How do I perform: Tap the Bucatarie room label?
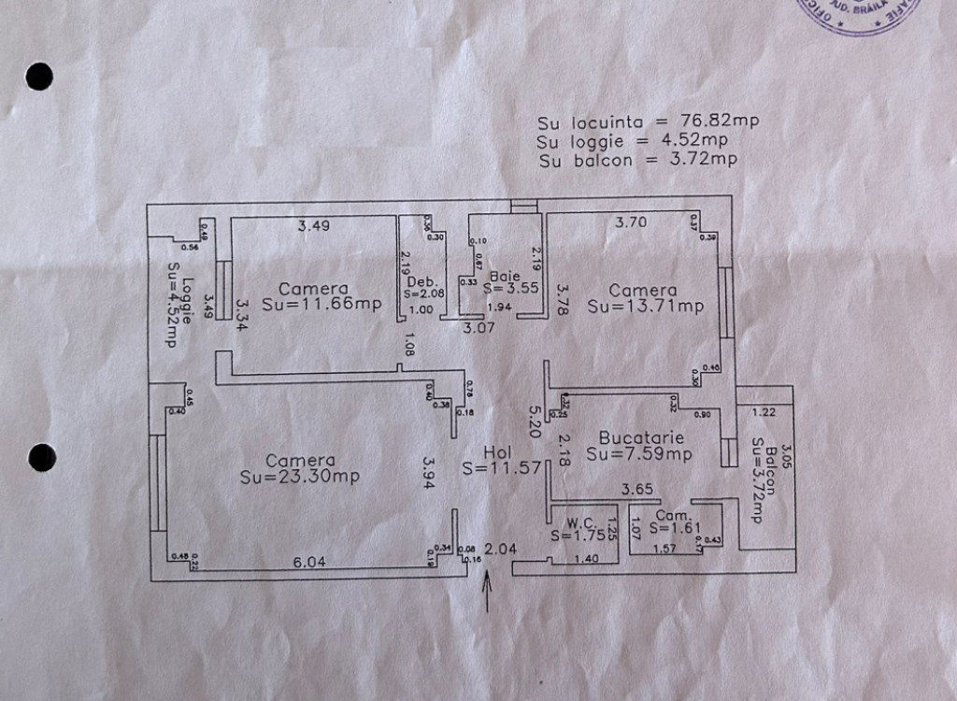pyautogui.click(x=641, y=437)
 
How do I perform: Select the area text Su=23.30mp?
pyautogui.click(x=299, y=477)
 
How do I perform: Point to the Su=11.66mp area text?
pyautogui.click(x=321, y=304)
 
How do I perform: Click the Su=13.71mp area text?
pyautogui.click(x=645, y=306)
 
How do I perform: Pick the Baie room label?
pyautogui.click(x=505, y=276)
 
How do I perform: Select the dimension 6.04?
pyautogui.click(x=309, y=562)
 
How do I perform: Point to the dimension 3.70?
pyautogui.click(x=631, y=222)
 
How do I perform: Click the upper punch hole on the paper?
pyautogui.click(x=39, y=76)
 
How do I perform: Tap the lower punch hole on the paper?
pyautogui.click(x=41, y=457)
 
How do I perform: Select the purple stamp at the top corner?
pyautogui.click(x=846, y=14)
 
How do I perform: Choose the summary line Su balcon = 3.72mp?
pyautogui.click(x=637, y=160)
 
